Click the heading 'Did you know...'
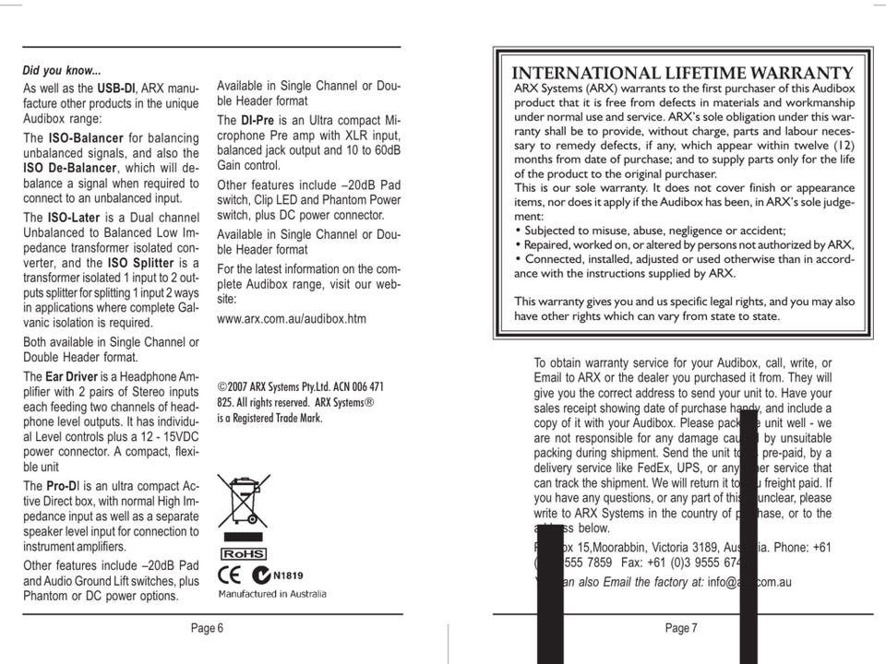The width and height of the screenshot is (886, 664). pos(62,71)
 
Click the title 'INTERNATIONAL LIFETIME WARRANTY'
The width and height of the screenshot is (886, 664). pos(682,74)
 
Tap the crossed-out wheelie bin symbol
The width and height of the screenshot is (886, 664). pos(244,500)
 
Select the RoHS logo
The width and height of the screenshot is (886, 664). pos(243,553)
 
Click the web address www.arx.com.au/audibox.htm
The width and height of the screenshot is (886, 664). pos(292,319)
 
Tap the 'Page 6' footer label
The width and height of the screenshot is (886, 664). pos(207,628)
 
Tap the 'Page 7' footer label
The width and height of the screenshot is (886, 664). pos(681,628)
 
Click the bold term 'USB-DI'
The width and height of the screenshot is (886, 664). pos(116,89)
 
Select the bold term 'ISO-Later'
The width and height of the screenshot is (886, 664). pos(73,218)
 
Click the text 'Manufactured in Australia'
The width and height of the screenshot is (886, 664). pos(272,594)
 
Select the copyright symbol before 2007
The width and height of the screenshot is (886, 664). pos(221,387)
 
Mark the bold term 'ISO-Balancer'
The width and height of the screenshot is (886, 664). pos(87,137)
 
